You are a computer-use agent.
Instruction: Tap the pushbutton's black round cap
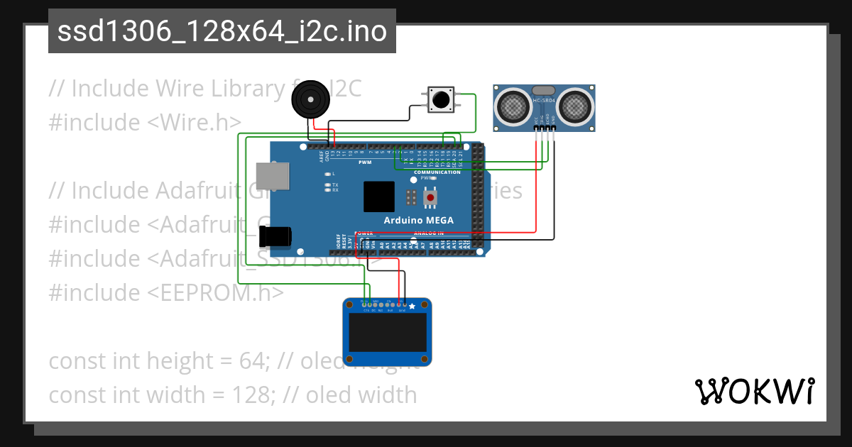440,100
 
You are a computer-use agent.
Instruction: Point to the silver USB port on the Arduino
273,176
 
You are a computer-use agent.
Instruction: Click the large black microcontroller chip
378,197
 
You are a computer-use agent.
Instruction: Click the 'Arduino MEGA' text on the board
418,220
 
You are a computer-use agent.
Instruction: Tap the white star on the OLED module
412,307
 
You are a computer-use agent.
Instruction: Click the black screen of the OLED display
387,333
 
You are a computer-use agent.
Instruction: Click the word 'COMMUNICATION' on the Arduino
437,172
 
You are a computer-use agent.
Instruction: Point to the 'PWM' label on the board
365,162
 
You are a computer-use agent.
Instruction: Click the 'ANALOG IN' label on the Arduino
428,233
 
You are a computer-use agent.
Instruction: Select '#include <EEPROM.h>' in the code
166,292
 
